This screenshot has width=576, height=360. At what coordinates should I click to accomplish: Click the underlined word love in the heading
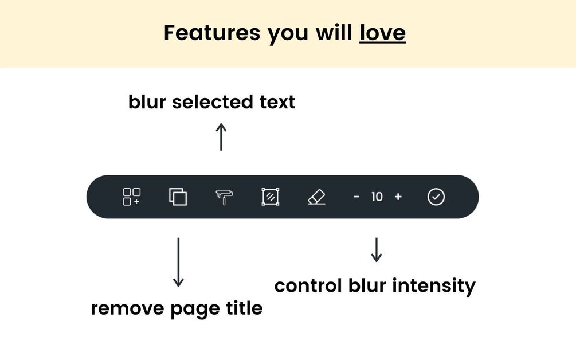pos(382,33)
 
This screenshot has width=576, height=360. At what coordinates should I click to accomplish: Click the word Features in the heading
pos(211,33)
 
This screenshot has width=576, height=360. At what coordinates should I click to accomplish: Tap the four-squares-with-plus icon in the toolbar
pos(131,197)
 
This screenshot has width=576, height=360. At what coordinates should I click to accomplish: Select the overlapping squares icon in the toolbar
pos(178,197)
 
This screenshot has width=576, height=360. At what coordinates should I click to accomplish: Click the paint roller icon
pos(224,197)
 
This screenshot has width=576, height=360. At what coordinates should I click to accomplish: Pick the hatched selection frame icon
pos(271,197)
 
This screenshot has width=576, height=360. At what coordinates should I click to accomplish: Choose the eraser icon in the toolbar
pos(316,197)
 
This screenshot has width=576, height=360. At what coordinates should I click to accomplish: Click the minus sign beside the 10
pos(356,197)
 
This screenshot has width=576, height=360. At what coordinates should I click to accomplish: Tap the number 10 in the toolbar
pos(377,197)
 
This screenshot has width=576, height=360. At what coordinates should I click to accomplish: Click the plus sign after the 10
pos(398,197)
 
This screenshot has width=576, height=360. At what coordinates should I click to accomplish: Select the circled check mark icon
pos(436,197)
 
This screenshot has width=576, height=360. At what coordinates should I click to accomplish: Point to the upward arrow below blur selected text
pos(221,136)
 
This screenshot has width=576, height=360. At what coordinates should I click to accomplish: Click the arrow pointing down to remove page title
pos(178,262)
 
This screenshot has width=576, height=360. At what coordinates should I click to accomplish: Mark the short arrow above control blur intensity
pos(376,250)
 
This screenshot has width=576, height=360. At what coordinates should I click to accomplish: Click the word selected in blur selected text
pos(212,102)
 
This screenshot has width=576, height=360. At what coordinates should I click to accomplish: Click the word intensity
pos(434,286)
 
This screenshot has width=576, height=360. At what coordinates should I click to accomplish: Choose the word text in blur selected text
pos(277,102)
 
